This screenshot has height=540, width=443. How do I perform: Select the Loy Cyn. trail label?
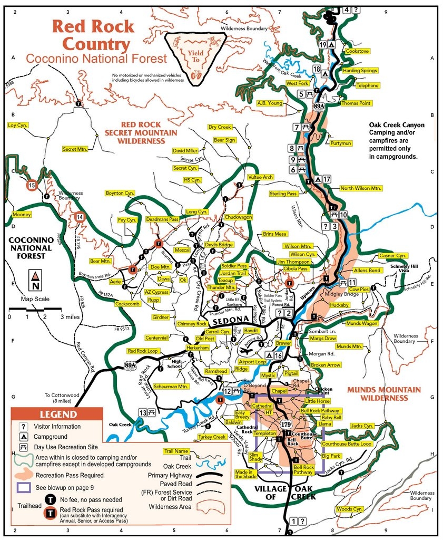coord(18,126)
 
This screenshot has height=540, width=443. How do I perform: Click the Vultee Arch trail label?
coord(260,177)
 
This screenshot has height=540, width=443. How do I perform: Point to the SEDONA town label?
coord(231,320)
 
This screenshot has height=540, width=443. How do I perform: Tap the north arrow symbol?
coord(35,281)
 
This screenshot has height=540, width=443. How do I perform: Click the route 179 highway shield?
coord(286,425)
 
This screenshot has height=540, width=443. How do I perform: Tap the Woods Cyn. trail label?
coord(350,509)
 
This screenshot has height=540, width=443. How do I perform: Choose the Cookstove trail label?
coord(357,51)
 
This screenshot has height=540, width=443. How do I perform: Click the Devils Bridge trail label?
coord(219,245)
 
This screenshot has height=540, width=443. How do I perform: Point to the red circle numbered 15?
coord(32,185)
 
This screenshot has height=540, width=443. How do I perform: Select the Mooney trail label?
coord(21,215)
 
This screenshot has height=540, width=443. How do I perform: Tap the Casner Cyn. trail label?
coord(393,256)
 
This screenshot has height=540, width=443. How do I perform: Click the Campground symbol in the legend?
coord(24,437)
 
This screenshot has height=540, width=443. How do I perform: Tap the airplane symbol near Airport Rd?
coord(245,349)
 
